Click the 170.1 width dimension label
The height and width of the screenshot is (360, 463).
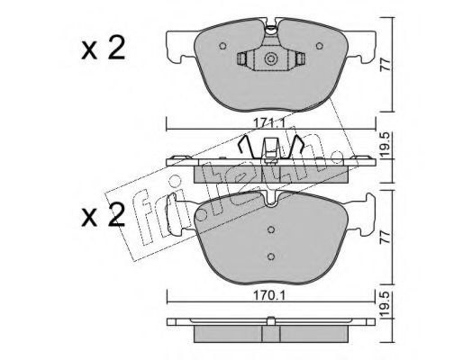[x=269, y=296]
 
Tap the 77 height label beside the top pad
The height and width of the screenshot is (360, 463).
[x=386, y=65]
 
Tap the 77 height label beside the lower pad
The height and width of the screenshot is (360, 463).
[x=386, y=237]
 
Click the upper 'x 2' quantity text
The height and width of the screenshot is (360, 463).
[x=103, y=49]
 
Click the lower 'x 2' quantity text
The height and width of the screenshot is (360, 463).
[x=103, y=215]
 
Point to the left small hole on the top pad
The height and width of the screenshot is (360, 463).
[x=222, y=46]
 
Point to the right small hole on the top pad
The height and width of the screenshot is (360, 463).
[x=320, y=46]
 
